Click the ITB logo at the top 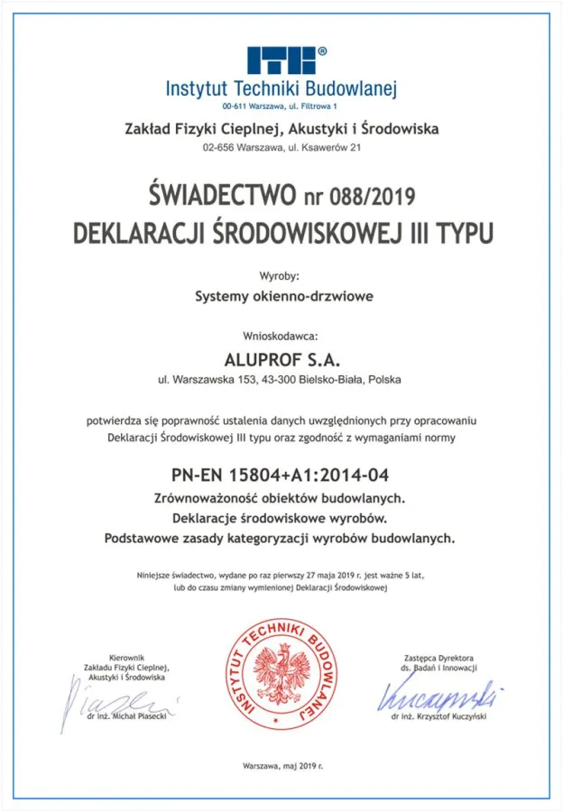click(281, 60)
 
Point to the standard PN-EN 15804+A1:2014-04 click(281, 475)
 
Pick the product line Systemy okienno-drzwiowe click(281, 295)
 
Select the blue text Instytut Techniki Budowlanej click(281, 89)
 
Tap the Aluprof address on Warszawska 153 click(281, 380)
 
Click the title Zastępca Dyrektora click(440, 659)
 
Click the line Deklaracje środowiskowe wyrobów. click(281, 518)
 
